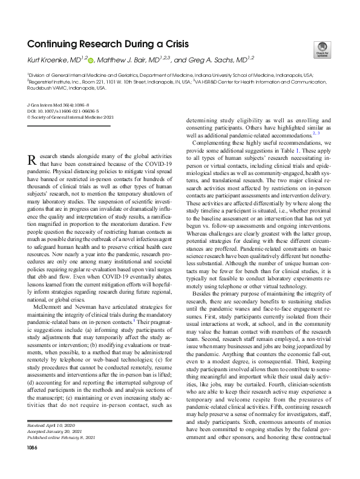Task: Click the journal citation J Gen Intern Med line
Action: (59, 104)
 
